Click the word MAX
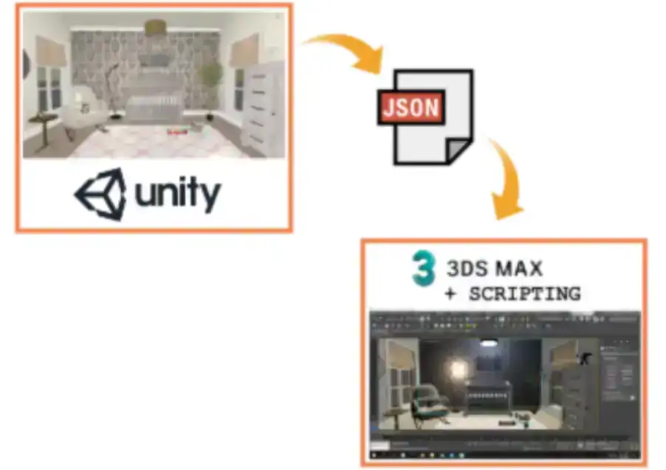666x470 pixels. [533, 267]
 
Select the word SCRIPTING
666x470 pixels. [524, 294]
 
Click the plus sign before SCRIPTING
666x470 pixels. [450, 294]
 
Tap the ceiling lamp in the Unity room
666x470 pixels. [155, 27]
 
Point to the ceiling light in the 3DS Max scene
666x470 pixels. [487, 343]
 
